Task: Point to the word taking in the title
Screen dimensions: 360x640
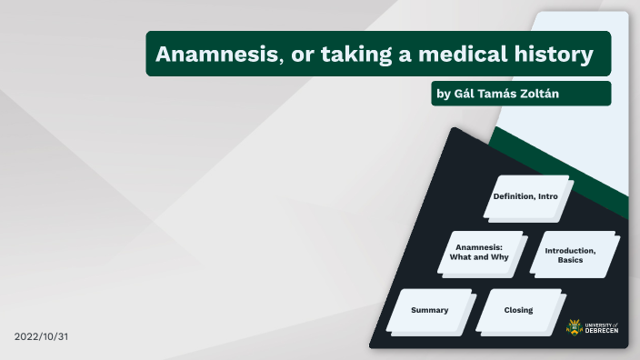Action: [x=350, y=54]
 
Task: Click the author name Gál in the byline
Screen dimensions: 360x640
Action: [x=464, y=94]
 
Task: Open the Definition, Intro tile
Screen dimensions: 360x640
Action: [x=525, y=196]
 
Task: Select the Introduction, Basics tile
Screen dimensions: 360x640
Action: [x=570, y=255]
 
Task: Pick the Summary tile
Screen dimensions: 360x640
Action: [x=429, y=310]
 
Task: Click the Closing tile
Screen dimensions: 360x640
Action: [x=518, y=310]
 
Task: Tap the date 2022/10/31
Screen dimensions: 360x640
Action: [x=42, y=336]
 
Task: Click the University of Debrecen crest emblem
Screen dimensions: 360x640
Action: [x=576, y=327]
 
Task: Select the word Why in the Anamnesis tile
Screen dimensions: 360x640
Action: [x=499, y=257]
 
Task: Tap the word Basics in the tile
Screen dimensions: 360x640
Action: [x=570, y=260]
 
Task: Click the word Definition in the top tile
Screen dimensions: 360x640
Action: [x=514, y=196]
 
